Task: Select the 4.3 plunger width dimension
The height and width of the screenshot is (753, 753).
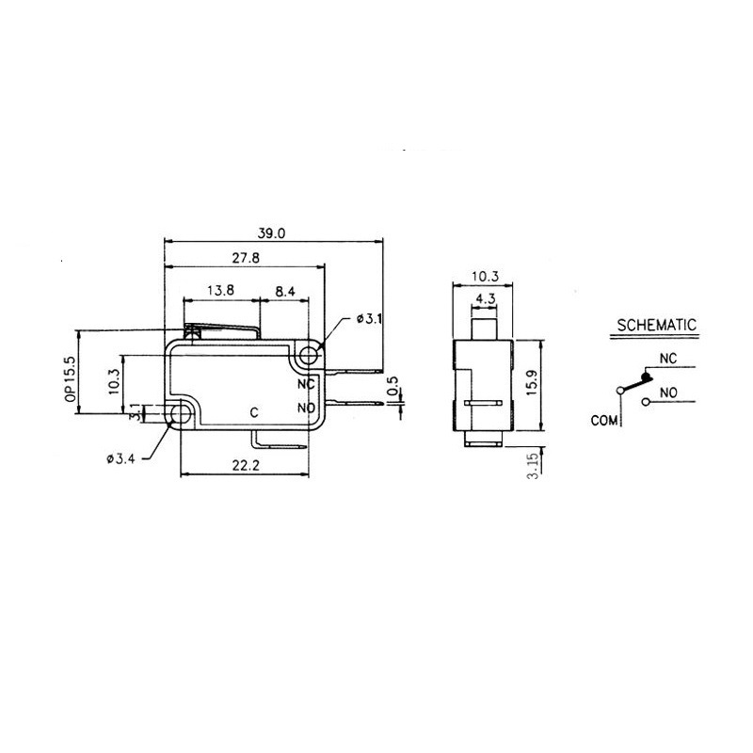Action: tap(486, 299)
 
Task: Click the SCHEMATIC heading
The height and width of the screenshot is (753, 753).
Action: tap(656, 326)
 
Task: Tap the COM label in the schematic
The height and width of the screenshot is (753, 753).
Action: tap(603, 421)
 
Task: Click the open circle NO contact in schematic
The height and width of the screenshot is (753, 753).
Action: tap(646, 402)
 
